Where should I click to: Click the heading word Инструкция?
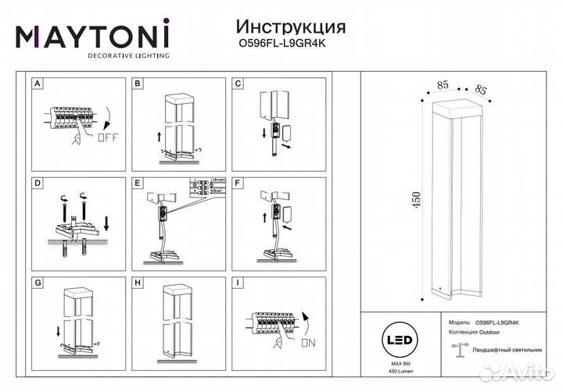tap(280, 28)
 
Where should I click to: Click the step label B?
tap(138, 82)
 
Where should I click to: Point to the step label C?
tap(238, 82)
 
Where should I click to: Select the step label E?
tap(138, 184)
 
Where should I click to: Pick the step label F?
tap(238, 184)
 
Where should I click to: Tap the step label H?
tap(138, 284)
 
